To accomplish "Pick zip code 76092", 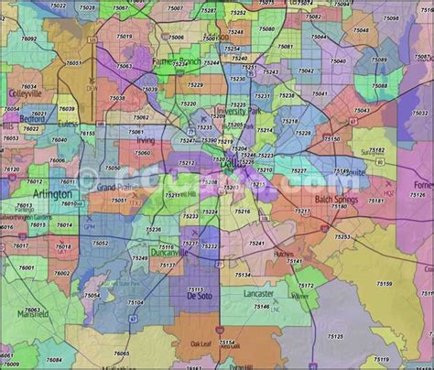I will click(x=30, y=39).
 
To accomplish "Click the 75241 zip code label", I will click(x=256, y=244).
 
